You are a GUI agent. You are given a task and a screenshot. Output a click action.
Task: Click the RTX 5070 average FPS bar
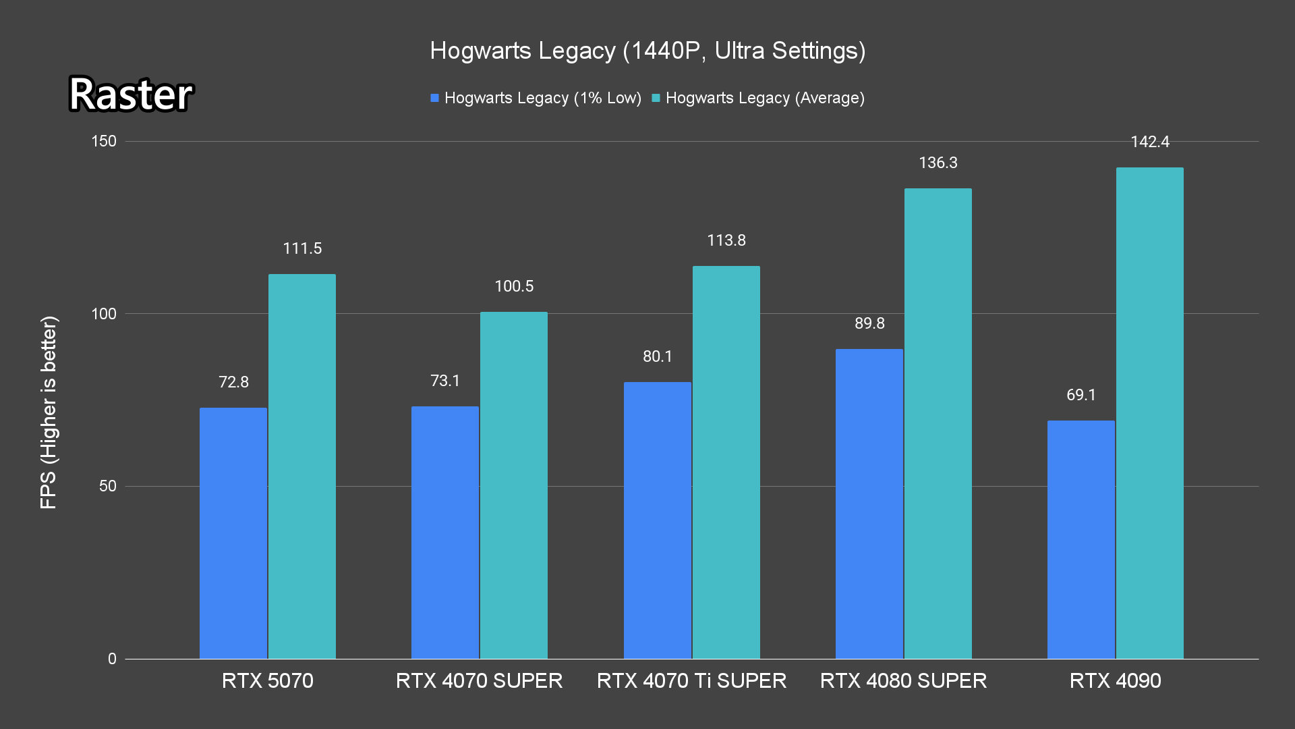point(301,466)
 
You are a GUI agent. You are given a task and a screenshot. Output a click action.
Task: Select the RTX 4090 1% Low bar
point(1081,539)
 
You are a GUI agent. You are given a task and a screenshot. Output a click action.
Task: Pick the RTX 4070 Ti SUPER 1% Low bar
point(657,520)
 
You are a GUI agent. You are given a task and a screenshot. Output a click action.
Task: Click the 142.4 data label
point(1150,142)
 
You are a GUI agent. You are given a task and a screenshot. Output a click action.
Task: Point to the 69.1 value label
point(1081,395)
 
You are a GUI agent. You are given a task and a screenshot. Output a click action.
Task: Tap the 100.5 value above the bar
point(513,286)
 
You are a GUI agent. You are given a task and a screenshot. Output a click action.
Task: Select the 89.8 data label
point(869,323)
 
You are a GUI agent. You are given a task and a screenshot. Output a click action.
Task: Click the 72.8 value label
point(233,382)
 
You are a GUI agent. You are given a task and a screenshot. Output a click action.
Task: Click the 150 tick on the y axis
point(104,141)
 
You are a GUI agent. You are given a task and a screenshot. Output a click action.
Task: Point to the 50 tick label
point(107,486)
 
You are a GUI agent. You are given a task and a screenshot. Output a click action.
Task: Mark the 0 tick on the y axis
point(112,659)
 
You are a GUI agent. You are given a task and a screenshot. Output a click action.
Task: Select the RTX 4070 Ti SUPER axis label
point(691,680)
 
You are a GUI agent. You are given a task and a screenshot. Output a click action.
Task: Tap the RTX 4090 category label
point(1115,680)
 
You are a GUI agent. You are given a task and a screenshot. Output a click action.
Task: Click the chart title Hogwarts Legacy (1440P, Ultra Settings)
point(647,51)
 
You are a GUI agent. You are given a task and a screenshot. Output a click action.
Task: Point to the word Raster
point(131,94)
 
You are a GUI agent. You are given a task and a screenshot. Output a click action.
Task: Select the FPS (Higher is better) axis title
point(49,412)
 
